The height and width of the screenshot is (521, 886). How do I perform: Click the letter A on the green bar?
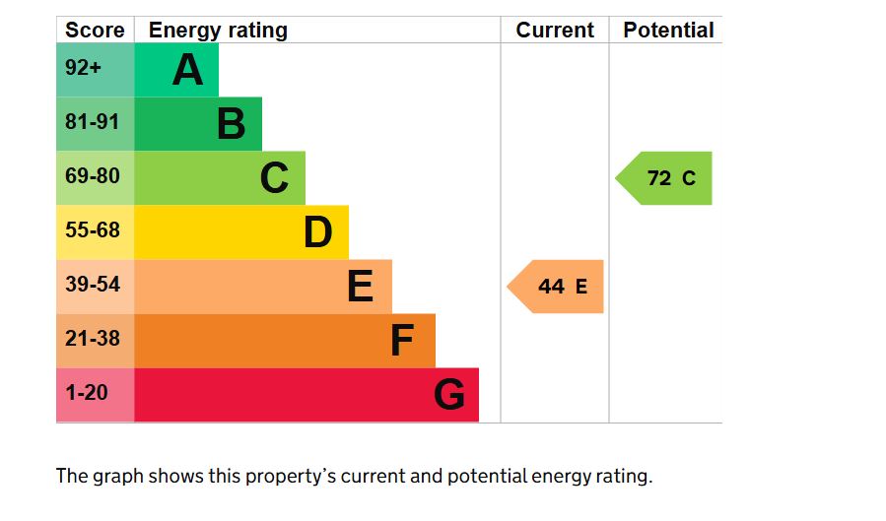point(187,70)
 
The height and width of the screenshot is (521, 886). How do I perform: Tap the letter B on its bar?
point(231,124)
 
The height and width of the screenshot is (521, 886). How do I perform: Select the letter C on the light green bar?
point(274,178)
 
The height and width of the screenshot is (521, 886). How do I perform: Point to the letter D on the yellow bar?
point(317,232)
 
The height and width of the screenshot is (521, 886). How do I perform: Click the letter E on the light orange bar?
point(361,287)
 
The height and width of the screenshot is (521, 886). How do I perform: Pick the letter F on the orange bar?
point(402,341)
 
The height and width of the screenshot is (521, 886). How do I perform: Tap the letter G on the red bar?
point(448,395)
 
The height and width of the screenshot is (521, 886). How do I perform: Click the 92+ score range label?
point(84,70)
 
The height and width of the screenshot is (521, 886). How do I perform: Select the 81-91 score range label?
point(93,124)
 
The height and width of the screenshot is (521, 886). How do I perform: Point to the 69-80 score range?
point(93,178)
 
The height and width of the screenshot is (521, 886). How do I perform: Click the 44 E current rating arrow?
point(558,287)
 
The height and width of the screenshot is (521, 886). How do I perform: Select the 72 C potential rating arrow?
point(666,178)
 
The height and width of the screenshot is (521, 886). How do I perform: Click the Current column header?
point(555,31)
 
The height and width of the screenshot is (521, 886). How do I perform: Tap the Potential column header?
point(668,31)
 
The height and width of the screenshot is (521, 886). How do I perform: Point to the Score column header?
point(95,31)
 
